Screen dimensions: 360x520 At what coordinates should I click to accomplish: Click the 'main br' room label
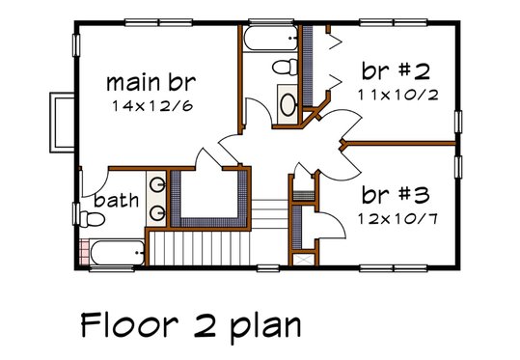coord(153,80)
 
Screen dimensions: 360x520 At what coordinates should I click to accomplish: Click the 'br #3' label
coord(391,193)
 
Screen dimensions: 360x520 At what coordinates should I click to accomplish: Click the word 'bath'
coord(115,202)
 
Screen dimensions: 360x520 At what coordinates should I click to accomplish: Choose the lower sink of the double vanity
coord(160,208)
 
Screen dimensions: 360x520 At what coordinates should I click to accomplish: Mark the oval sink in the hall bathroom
coord(287,103)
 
